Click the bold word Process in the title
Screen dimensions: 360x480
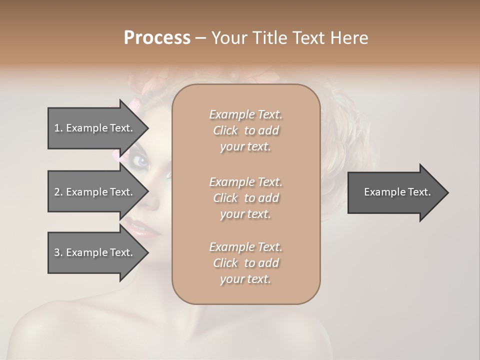(x=157, y=38)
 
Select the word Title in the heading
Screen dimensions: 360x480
(x=270, y=38)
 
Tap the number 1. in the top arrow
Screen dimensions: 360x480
(x=58, y=128)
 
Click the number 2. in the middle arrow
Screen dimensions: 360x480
(x=58, y=192)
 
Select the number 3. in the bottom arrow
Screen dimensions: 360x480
(x=58, y=252)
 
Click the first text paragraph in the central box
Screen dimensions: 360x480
(x=245, y=130)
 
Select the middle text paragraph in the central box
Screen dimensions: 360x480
(x=245, y=198)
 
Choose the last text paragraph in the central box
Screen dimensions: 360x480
(x=245, y=263)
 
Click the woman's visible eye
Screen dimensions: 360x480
(x=142, y=161)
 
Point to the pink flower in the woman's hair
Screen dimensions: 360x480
(x=134, y=105)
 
